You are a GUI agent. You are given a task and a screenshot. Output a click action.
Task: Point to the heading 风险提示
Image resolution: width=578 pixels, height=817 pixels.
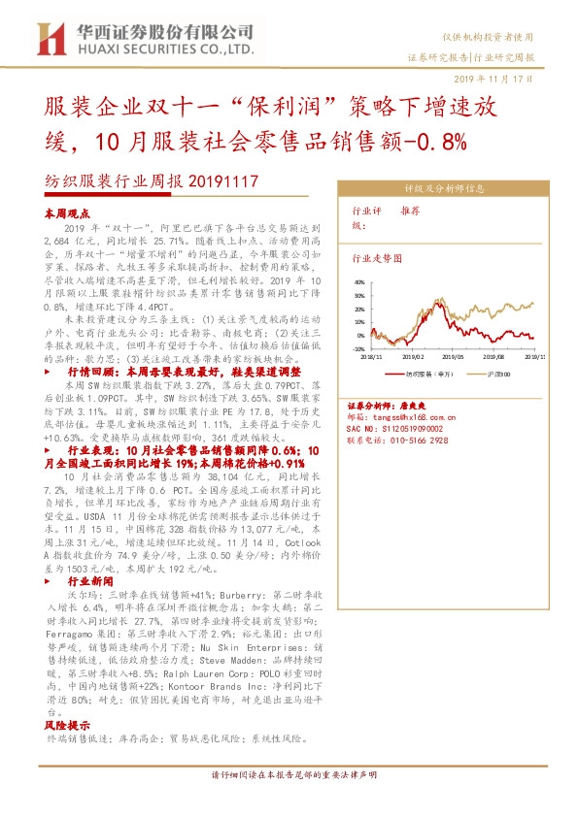(x=66, y=725)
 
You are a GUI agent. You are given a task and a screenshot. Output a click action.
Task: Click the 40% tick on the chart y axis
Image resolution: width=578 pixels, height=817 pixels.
(x=359, y=282)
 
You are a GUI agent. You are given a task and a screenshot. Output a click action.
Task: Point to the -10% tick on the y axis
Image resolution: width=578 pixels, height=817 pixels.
(x=358, y=348)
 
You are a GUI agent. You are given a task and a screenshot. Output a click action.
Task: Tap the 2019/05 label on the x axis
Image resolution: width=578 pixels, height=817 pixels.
(x=455, y=356)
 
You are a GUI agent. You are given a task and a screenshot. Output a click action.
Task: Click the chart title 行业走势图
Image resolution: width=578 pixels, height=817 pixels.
(x=376, y=260)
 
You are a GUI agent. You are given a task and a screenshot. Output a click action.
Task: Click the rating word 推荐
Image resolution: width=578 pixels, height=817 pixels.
(x=410, y=211)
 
